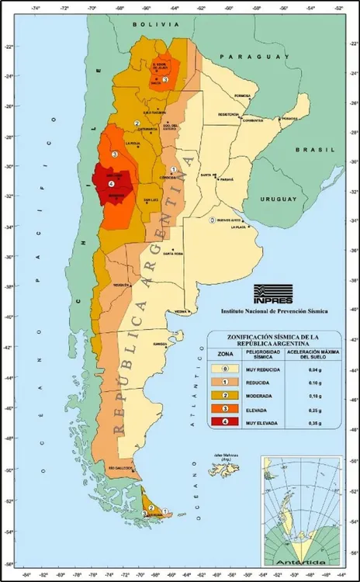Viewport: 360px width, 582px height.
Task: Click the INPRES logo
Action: [272, 294]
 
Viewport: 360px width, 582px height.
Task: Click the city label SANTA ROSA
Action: [172, 254]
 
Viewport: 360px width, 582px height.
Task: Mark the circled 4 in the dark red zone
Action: [111, 184]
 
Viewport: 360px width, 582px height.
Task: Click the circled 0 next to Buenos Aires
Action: [213, 220]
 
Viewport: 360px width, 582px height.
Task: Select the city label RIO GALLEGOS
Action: [122, 469]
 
